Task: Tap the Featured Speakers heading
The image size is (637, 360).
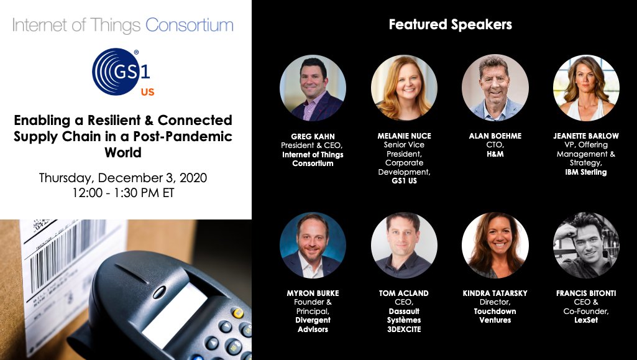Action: click(450, 25)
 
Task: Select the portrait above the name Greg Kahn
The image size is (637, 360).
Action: click(313, 88)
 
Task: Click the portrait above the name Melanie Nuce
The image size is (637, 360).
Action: click(404, 88)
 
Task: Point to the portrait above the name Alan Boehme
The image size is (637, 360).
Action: click(495, 88)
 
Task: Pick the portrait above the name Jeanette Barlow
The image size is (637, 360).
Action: click(586, 88)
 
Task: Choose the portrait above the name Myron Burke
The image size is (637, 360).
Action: click(313, 245)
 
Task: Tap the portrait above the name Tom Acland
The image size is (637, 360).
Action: click(404, 245)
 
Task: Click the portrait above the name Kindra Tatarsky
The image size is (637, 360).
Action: click(495, 245)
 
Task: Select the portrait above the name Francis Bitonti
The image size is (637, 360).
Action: click(586, 245)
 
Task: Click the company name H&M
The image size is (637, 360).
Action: click(495, 154)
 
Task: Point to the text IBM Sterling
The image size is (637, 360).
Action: click(586, 172)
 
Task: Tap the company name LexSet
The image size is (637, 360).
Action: click(586, 320)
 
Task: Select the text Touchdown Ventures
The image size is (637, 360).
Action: click(495, 316)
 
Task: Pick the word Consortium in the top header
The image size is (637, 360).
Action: click(189, 25)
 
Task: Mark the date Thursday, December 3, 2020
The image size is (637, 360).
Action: click(123, 178)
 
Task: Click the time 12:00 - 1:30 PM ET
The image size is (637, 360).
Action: click(123, 193)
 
